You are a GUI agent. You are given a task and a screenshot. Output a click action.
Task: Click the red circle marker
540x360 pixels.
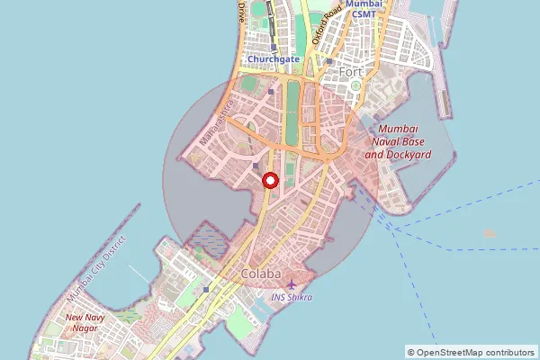coord(269,180)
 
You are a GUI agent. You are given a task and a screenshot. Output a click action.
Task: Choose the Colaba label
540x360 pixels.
coord(261,273)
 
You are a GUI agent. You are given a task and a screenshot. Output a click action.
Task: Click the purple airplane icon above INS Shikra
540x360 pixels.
coord(291,285)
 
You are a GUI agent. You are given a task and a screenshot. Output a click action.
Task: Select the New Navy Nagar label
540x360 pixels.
coord(86,323)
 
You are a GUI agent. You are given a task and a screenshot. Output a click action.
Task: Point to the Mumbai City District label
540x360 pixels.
coord(99,269)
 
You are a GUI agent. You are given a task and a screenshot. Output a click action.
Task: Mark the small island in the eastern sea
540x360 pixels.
coord(490,233)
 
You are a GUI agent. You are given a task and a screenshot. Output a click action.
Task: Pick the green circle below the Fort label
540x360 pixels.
coord(355,85)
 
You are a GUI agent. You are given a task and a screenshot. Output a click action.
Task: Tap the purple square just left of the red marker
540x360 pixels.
coord(256,166)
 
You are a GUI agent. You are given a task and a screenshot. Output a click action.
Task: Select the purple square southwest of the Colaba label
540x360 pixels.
coord(206,289)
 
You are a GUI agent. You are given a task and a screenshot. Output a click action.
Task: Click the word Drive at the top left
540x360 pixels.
coord(242,12)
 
